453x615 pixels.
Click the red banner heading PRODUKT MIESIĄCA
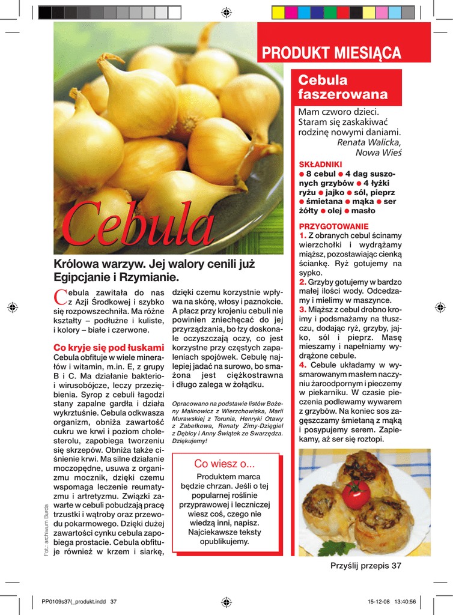[x=332, y=53]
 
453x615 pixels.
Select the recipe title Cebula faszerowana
[x=342, y=87]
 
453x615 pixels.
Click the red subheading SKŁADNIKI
[x=320, y=164]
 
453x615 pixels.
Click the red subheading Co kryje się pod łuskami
[x=109, y=347]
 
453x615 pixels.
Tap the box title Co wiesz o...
[x=225, y=463]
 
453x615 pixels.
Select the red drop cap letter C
[x=60, y=295]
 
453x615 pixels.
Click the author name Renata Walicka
[x=369, y=142]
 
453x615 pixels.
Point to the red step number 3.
[x=303, y=309]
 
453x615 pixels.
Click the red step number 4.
[x=303, y=365]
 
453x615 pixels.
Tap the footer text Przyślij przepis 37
[x=365, y=566]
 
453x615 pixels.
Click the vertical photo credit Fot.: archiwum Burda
[x=47, y=529]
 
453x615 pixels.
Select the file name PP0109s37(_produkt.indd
[x=74, y=602]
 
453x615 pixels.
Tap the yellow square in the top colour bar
[x=278, y=12]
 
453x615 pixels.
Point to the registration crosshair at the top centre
[x=227, y=12]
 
